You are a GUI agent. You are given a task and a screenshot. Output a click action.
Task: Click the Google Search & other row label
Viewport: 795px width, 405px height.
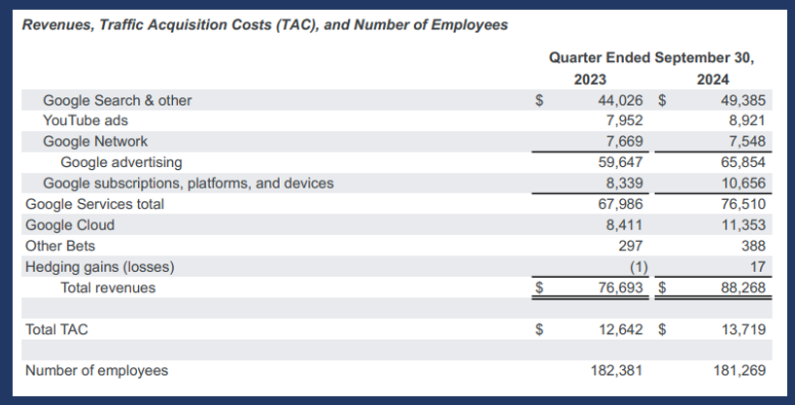(x=117, y=100)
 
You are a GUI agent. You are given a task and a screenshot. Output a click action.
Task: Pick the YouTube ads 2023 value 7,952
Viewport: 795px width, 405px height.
(x=622, y=120)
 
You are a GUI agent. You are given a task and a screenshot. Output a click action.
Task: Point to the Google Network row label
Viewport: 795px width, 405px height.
(x=95, y=142)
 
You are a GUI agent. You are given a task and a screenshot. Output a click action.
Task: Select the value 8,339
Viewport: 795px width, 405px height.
(x=622, y=183)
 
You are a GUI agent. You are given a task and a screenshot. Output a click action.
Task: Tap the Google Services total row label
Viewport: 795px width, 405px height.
(x=94, y=204)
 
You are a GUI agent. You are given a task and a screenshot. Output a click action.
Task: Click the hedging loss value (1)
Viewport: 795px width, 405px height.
(x=633, y=267)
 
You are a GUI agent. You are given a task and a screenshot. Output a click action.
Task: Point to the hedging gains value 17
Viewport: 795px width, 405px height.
(x=758, y=267)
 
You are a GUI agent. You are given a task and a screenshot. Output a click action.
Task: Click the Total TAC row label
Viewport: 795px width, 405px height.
(x=56, y=330)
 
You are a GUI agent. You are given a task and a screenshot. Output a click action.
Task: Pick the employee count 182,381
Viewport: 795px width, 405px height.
(x=616, y=371)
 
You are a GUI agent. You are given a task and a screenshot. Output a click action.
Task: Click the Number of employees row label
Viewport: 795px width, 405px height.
(x=96, y=371)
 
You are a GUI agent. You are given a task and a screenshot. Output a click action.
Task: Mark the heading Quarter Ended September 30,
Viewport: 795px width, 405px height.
(x=651, y=57)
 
